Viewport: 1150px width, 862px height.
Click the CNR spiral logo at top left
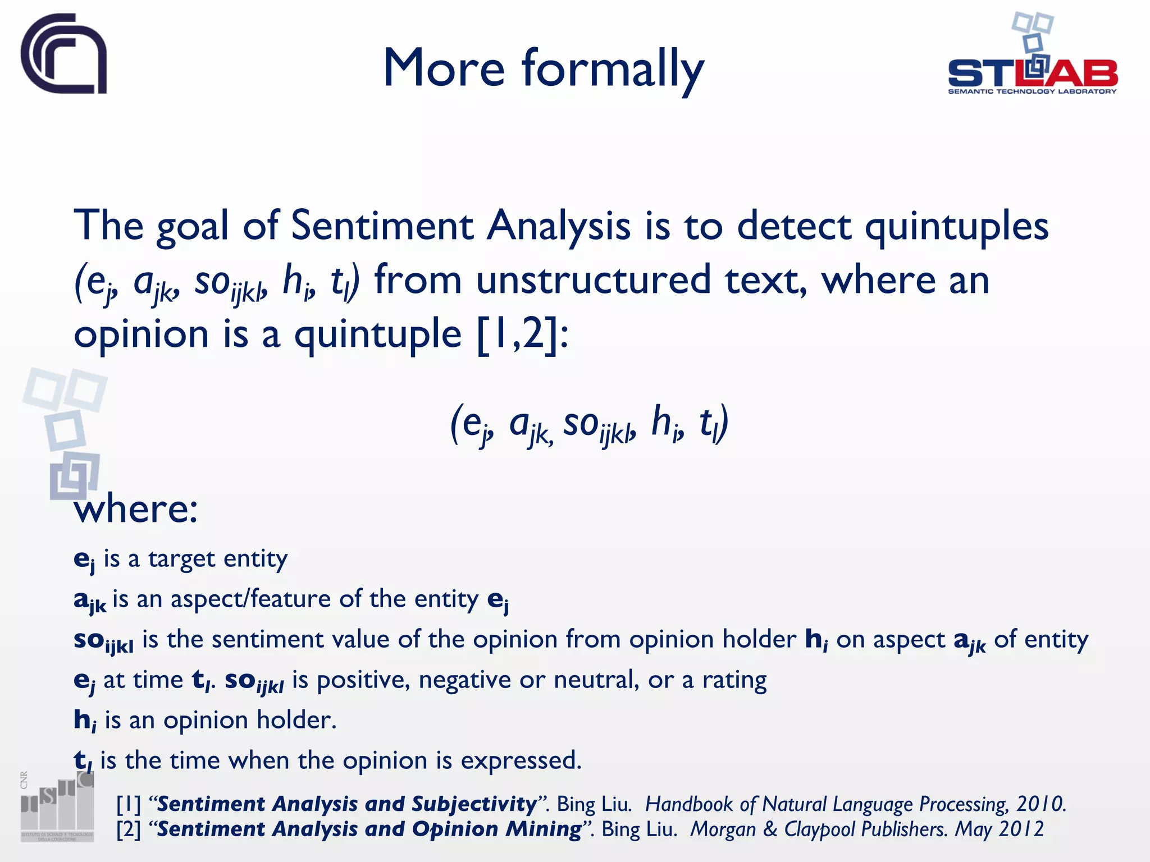click(63, 54)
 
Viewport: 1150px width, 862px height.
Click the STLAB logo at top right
click(1032, 56)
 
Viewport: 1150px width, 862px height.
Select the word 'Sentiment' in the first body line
click(382, 226)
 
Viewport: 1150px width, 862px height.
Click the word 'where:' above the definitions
click(136, 509)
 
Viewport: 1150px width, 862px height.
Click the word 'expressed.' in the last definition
click(521, 761)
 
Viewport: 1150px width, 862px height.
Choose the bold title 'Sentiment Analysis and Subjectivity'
click(346, 804)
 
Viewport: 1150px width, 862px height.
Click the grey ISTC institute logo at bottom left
click(57, 807)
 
